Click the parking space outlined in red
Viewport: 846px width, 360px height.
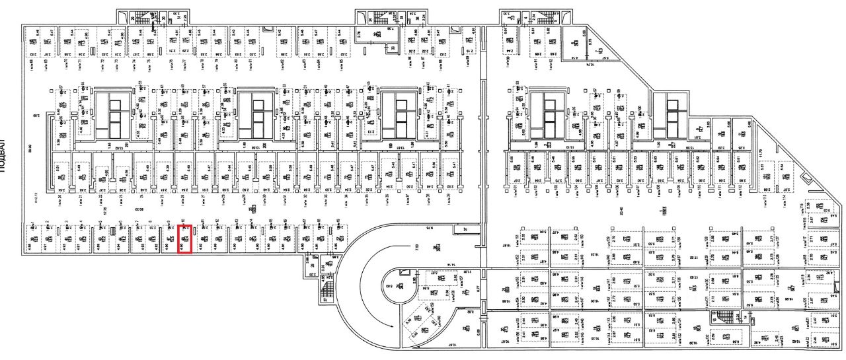point(184,238)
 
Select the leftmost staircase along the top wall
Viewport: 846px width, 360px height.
point(141,18)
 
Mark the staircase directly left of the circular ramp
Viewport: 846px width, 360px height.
point(326,290)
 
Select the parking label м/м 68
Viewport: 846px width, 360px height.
point(32,63)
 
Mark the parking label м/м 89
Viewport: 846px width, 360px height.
point(469,62)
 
